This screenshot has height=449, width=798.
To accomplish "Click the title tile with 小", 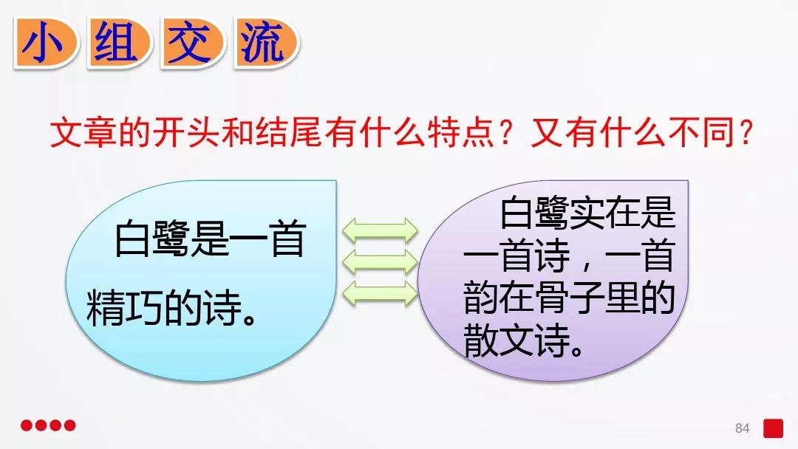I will point(44,44).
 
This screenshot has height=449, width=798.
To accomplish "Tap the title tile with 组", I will point(117,44).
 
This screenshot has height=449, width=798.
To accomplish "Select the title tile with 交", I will point(190,44).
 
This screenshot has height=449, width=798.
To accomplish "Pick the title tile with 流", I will point(265,44).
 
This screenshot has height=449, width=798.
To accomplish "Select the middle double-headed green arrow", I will point(378,260).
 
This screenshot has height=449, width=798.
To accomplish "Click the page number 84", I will point(743,428).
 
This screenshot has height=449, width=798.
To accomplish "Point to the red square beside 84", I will point(773,428).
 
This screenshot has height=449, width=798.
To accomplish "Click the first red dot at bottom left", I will point(27,425).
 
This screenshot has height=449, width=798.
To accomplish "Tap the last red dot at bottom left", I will point(70,425).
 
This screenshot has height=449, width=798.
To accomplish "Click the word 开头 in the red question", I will point(202,134).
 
